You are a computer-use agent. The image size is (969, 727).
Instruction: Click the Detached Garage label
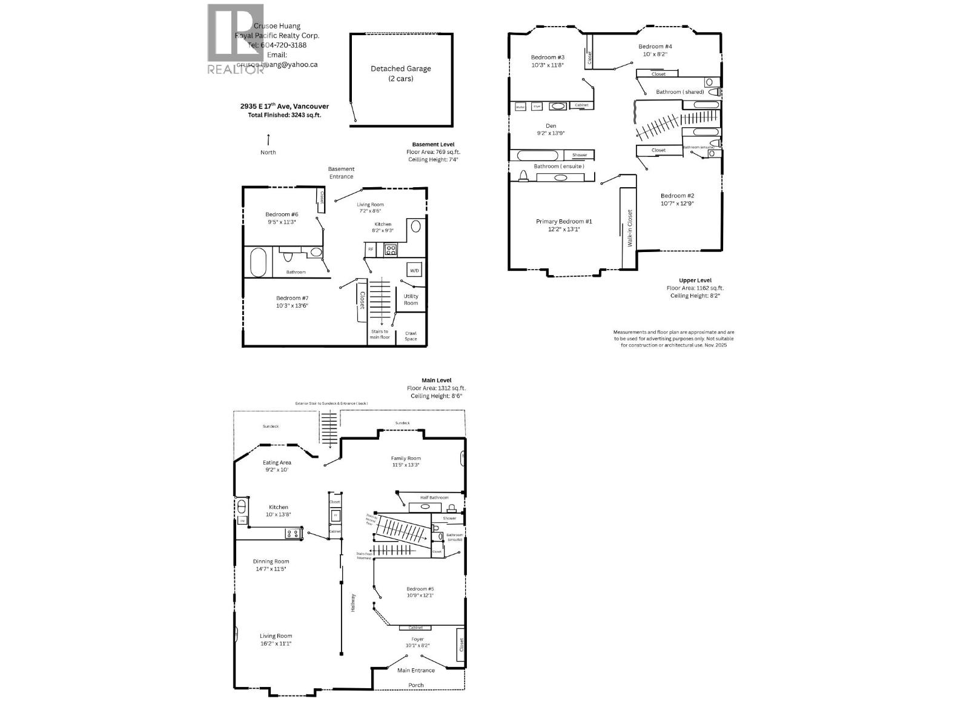click(x=400, y=73)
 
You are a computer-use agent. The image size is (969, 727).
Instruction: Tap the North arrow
click(x=268, y=139)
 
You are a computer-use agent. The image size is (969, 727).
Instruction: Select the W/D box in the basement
click(x=414, y=270)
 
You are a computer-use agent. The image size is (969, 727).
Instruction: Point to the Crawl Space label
click(x=411, y=336)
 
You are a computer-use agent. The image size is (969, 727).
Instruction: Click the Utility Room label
click(x=411, y=299)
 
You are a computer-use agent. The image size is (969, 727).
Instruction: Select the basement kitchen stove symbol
click(x=389, y=248)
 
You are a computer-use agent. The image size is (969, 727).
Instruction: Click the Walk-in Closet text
click(x=630, y=228)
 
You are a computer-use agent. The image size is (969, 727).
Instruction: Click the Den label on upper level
click(x=551, y=129)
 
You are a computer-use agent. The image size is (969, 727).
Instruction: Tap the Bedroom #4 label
click(x=655, y=50)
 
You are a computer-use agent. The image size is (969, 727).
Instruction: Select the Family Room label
click(x=406, y=461)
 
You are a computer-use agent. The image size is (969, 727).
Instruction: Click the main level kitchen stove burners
click(x=293, y=534)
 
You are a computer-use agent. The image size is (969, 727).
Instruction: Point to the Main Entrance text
click(x=415, y=670)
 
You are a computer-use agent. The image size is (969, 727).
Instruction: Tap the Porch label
click(x=415, y=685)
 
